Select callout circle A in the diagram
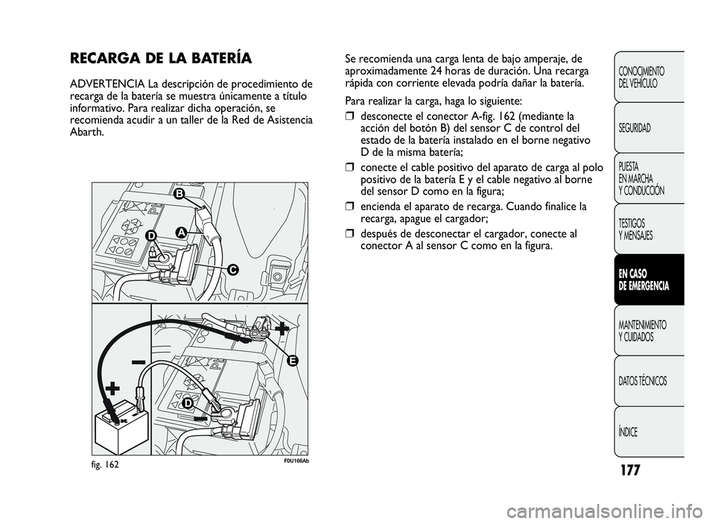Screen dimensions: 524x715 181,232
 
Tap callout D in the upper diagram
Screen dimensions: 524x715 150,236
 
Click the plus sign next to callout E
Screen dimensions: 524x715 282,328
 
